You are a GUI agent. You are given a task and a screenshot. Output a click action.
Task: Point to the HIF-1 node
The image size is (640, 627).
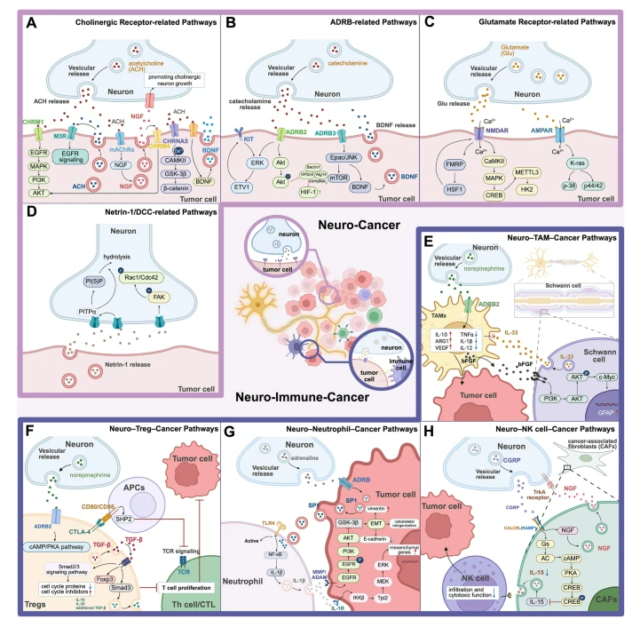pyautogui.click(x=314, y=166)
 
